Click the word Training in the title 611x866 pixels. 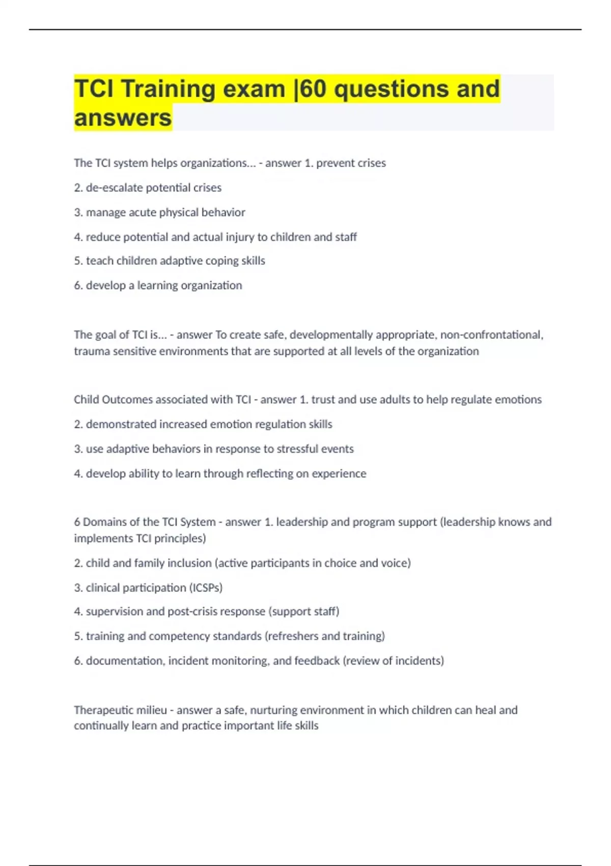[x=168, y=89]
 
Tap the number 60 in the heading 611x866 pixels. [x=313, y=89]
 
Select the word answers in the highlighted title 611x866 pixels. [x=123, y=118]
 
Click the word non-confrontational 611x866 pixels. [x=491, y=335]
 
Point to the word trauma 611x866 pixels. [x=89, y=351]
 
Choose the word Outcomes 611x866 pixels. [x=127, y=399]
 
